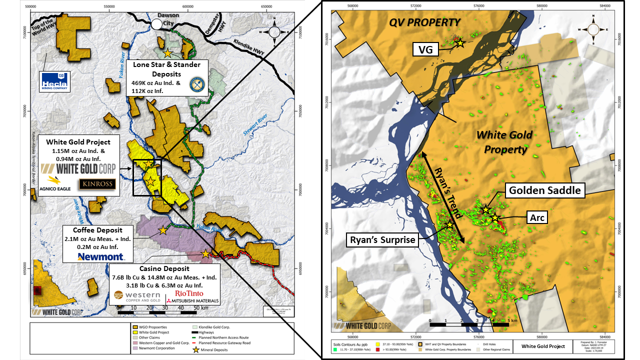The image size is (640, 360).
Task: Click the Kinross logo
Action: click(x=97, y=184)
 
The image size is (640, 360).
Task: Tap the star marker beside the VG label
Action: click(x=460, y=43)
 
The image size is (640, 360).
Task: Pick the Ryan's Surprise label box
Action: click(x=381, y=240)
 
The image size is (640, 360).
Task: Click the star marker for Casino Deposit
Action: click(x=205, y=254)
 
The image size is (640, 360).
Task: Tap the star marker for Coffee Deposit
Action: click(x=163, y=230)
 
